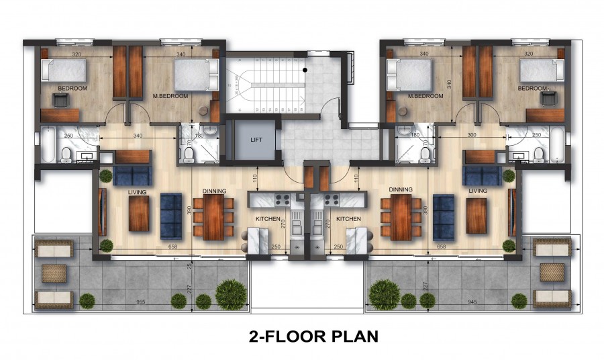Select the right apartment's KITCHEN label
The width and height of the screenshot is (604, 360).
pos(348,219)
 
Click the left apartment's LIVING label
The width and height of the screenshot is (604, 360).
pos(137,191)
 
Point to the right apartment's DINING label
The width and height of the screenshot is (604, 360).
pos(400,190)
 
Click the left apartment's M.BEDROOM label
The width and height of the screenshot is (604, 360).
pos(170,96)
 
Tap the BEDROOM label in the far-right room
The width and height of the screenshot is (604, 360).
pos(532,89)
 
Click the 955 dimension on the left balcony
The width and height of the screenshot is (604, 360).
pos(141,302)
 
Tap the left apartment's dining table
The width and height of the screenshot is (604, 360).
pos(213,217)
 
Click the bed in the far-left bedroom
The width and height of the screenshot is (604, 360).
pos(64,71)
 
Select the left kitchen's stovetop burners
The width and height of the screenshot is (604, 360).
pos(282,199)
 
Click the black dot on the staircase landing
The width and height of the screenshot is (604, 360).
pos(305,69)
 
